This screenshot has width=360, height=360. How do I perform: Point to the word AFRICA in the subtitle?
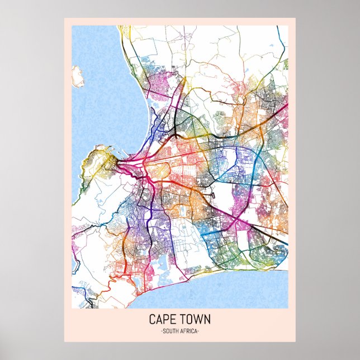tap(189, 331)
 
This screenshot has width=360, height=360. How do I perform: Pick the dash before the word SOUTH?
tap(161, 331)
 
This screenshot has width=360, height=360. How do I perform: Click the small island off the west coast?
tap(77, 77)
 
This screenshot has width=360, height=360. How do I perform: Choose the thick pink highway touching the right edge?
tap(282, 106)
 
